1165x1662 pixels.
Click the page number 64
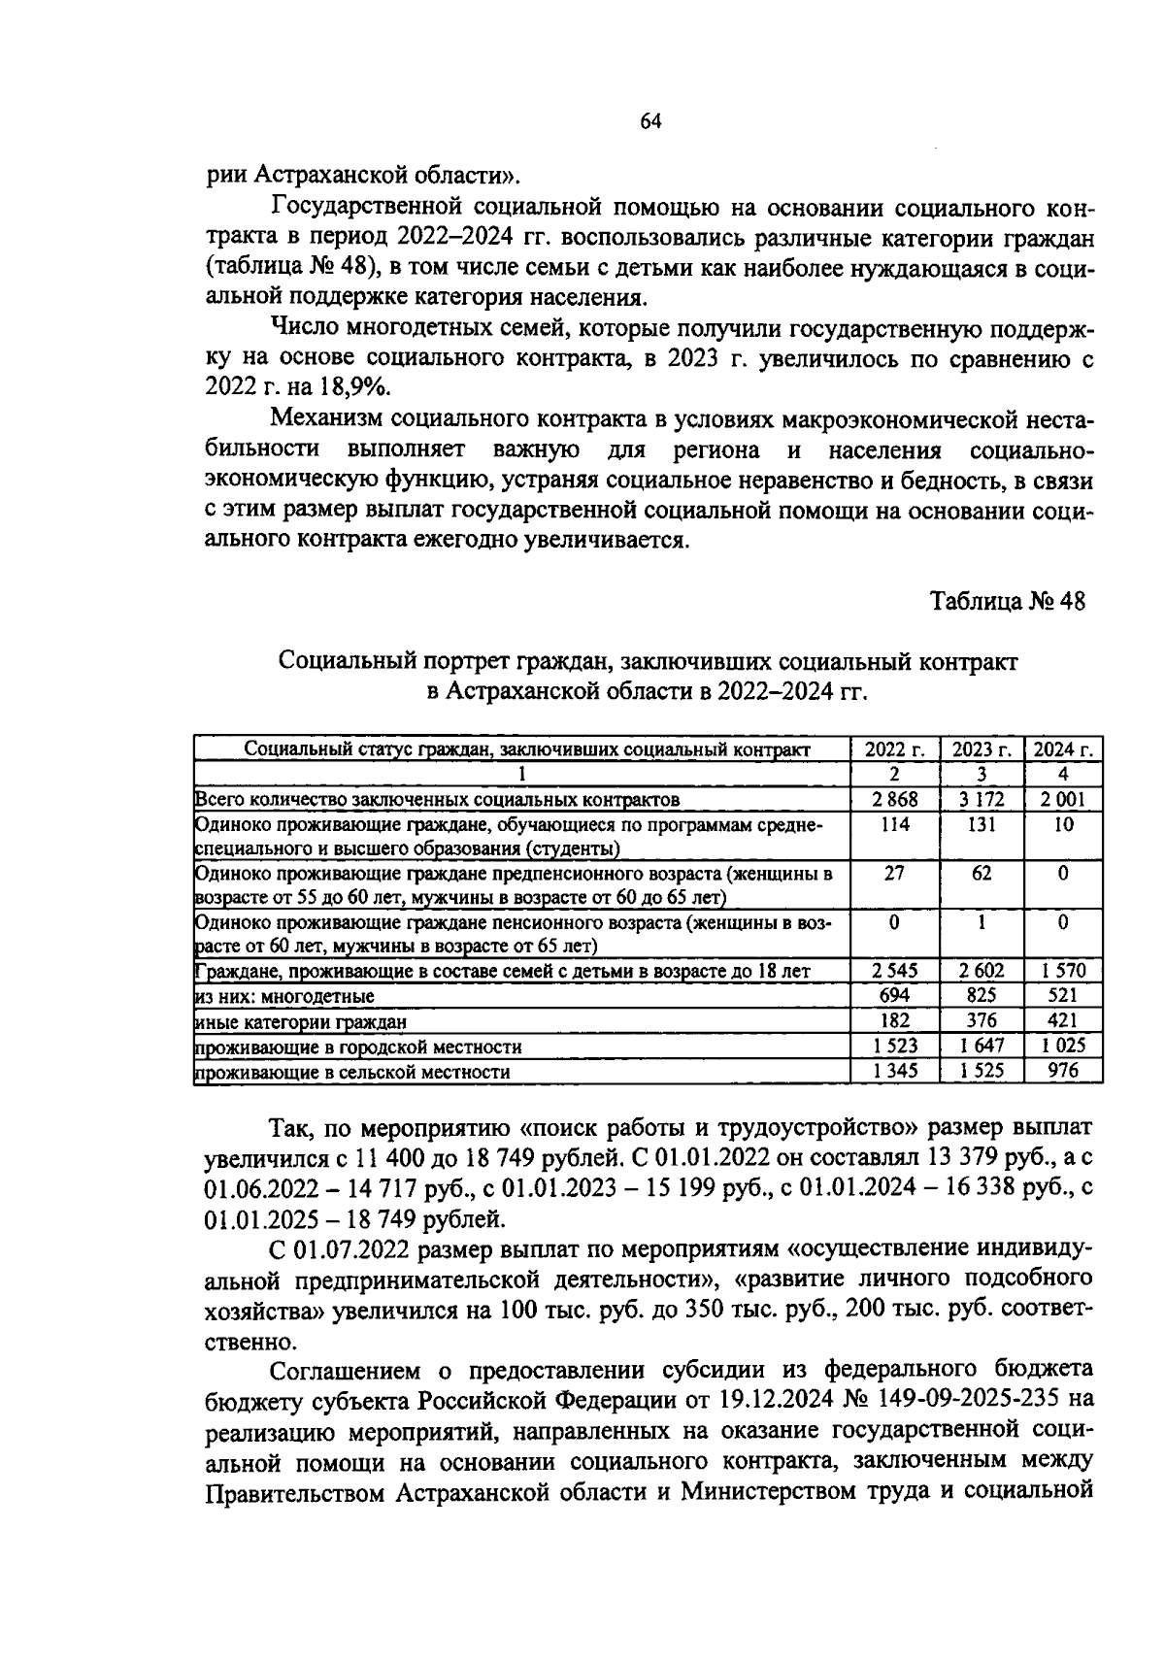click(650, 121)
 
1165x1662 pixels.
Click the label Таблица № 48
click(1007, 601)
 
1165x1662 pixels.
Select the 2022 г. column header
click(895, 749)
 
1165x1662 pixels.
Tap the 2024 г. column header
click(1063, 749)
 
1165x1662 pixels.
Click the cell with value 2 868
click(895, 800)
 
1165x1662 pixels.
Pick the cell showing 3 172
click(982, 800)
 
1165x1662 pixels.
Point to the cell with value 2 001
click(1063, 800)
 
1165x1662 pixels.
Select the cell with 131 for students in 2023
click(982, 824)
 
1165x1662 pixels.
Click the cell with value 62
click(982, 873)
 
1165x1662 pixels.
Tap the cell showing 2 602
click(982, 970)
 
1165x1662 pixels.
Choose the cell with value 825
click(982, 995)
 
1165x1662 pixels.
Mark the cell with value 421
click(1063, 1020)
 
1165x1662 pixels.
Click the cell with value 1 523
click(895, 1046)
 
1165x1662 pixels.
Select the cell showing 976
click(1063, 1071)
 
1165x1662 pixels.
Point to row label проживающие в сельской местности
click(352, 1072)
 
